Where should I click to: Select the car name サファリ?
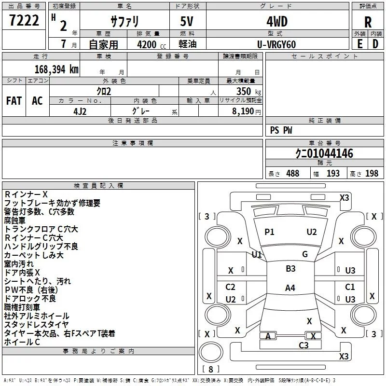tap(125, 22)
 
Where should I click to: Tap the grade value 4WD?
tap(276, 22)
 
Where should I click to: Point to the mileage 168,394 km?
tap(56, 69)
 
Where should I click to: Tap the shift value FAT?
tap(14, 101)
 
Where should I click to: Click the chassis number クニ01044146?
tap(324, 153)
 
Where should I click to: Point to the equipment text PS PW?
tap(281, 130)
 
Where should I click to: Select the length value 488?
tap(292, 174)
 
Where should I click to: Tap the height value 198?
tap(372, 174)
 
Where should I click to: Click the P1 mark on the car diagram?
tap(269, 232)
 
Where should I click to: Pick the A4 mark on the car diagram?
tap(290, 288)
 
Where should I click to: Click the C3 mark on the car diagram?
tap(303, 345)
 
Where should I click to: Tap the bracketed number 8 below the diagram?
tap(210, 370)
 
